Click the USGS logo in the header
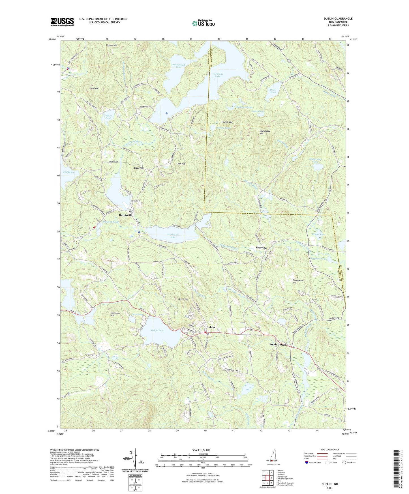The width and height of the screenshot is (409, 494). [62, 22]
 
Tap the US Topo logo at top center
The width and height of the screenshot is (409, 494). [203, 23]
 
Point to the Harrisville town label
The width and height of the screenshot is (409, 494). [125, 215]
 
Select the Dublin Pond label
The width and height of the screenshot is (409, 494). [157, 330]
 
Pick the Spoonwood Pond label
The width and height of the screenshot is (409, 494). [179, 66]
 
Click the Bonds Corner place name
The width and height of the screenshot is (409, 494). [278, 345]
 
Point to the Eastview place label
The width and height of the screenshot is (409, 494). [262, 248]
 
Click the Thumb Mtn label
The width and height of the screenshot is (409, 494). [227, 122]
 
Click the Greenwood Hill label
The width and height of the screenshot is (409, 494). [298, 282]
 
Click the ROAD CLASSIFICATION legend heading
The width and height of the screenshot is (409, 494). [330, 450]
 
